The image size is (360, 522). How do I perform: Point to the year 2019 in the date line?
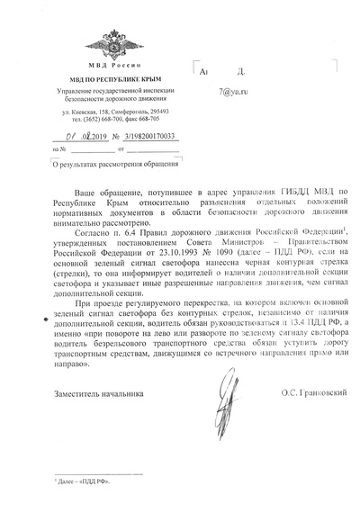(93, 136)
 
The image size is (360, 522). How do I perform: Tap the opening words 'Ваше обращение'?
(99, 194)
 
